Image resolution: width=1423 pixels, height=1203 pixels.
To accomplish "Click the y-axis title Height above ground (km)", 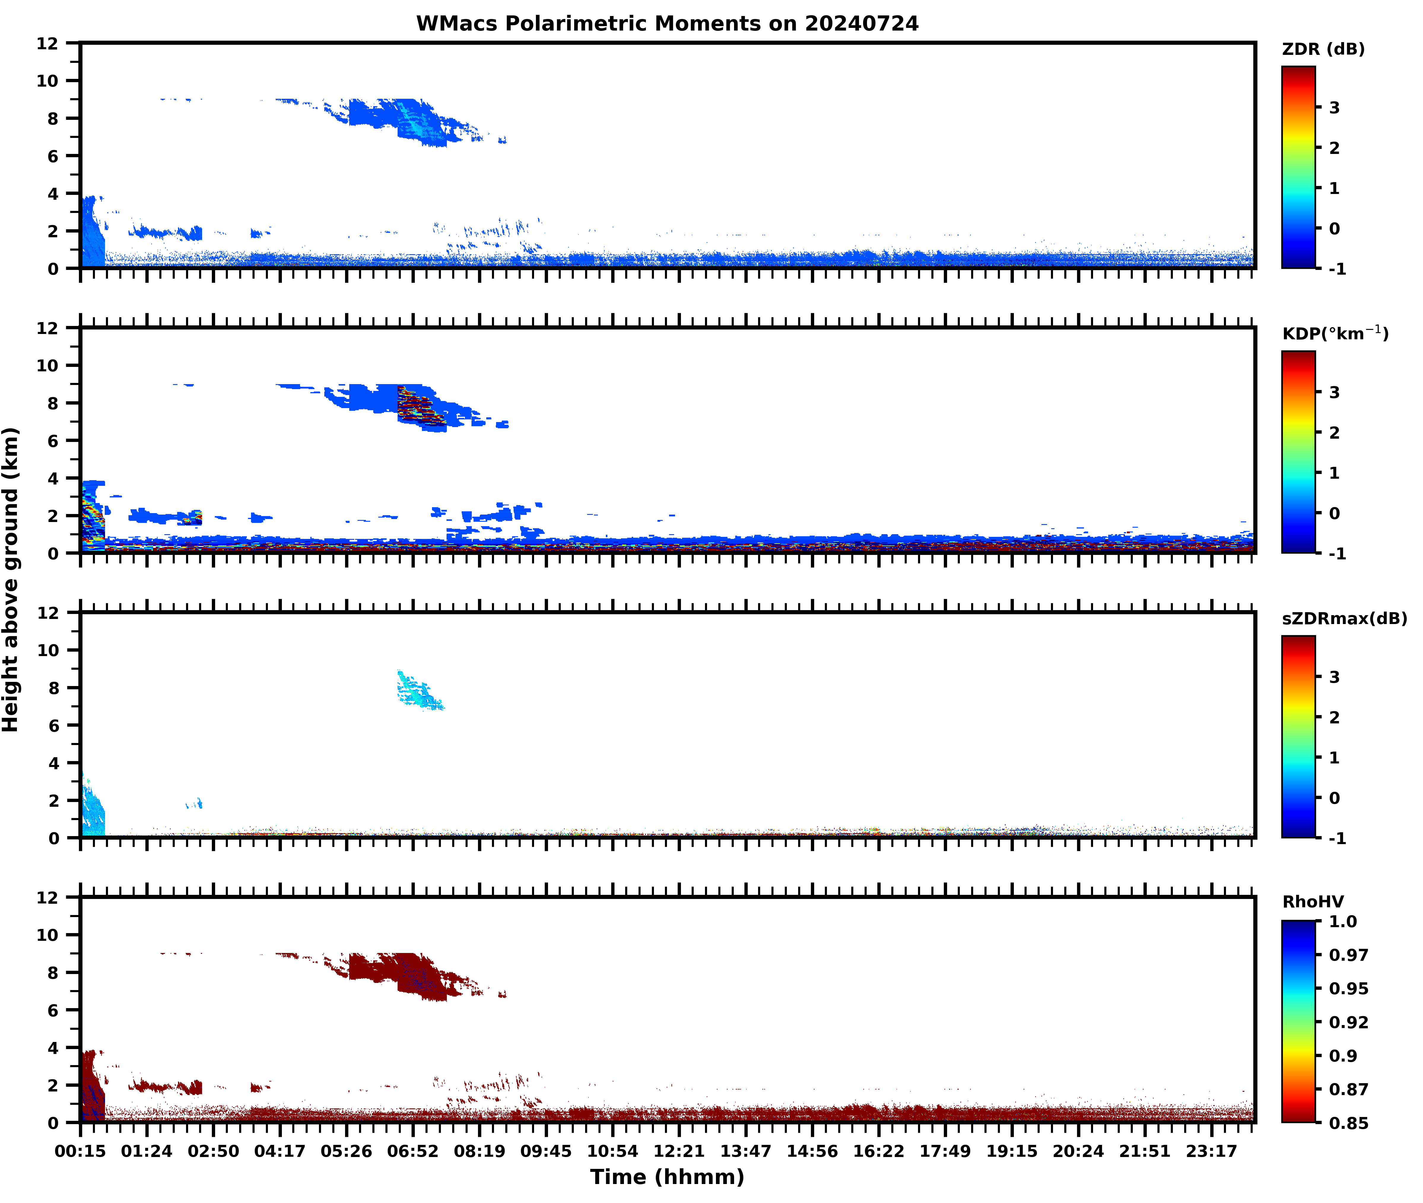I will coord(11,580).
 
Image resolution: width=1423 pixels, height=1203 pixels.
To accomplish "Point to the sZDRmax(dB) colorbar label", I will coord(1344,618).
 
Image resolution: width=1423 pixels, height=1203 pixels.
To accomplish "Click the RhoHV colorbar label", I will coord(1313,902).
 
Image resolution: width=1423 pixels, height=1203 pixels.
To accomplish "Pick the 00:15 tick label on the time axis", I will coord(80,1151).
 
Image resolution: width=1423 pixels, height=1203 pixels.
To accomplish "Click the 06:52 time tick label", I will coord(413,1151).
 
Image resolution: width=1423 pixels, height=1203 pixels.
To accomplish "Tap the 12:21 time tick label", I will coord(679,1151).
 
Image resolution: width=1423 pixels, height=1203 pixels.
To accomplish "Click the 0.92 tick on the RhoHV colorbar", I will coord(1348,1021).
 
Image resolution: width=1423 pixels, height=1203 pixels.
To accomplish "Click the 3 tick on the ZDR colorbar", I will coord(1334,108).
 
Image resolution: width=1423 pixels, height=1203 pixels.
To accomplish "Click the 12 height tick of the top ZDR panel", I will coord(48,44).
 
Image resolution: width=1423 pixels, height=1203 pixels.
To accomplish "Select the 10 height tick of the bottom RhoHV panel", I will coord(48,935).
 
